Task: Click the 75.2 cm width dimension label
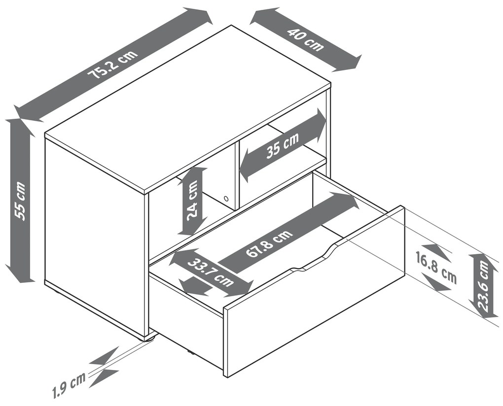[113, 65]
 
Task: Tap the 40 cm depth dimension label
[305, 40]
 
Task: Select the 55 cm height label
[20, 201]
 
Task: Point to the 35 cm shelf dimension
[282, 146]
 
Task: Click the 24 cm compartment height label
[192, 201]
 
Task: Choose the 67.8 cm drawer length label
[269, 243]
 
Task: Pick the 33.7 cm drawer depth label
[211, 272]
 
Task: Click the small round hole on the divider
[226, 199]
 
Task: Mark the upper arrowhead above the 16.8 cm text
[435, 252]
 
